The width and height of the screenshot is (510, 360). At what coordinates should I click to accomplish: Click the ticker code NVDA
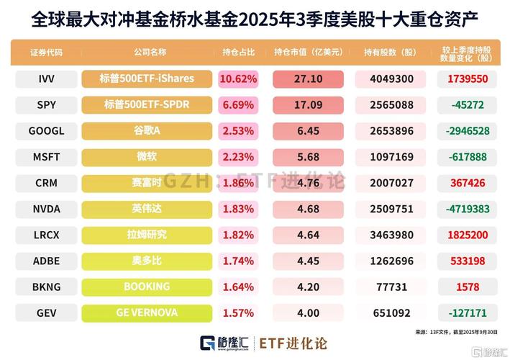tap(47, 209)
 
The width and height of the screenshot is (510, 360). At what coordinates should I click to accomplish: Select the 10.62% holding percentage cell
tap(238, 78)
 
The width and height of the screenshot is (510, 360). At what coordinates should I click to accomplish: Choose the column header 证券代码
tap(47, 53)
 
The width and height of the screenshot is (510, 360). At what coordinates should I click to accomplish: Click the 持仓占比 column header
tap(238, 53)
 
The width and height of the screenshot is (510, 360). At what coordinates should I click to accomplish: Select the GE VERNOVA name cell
tap(147, 312)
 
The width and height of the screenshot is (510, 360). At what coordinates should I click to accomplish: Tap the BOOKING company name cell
tap(147, 287)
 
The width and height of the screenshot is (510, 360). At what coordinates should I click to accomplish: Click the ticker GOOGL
tap(47, 131)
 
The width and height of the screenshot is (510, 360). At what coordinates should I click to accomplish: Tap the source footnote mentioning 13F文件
tap(454, 332)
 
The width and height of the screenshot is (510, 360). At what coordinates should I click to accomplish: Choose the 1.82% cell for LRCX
tap(238, 235)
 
